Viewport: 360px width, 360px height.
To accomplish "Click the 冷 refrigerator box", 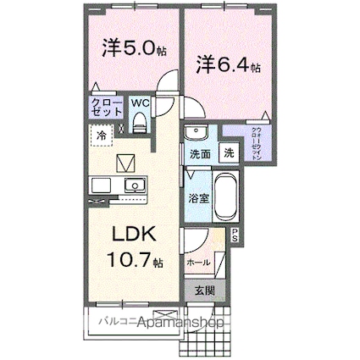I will click(x=101, y=134).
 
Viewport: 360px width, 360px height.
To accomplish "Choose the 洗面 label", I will click(x=200, y=155).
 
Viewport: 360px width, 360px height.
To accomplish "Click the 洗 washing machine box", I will click(x=229, y=154).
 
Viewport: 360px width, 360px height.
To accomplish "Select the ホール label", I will click(x=198, y=262).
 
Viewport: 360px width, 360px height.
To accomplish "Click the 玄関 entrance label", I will click(x=203, y=291).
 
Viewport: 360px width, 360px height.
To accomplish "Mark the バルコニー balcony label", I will click(x=108, y=322).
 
